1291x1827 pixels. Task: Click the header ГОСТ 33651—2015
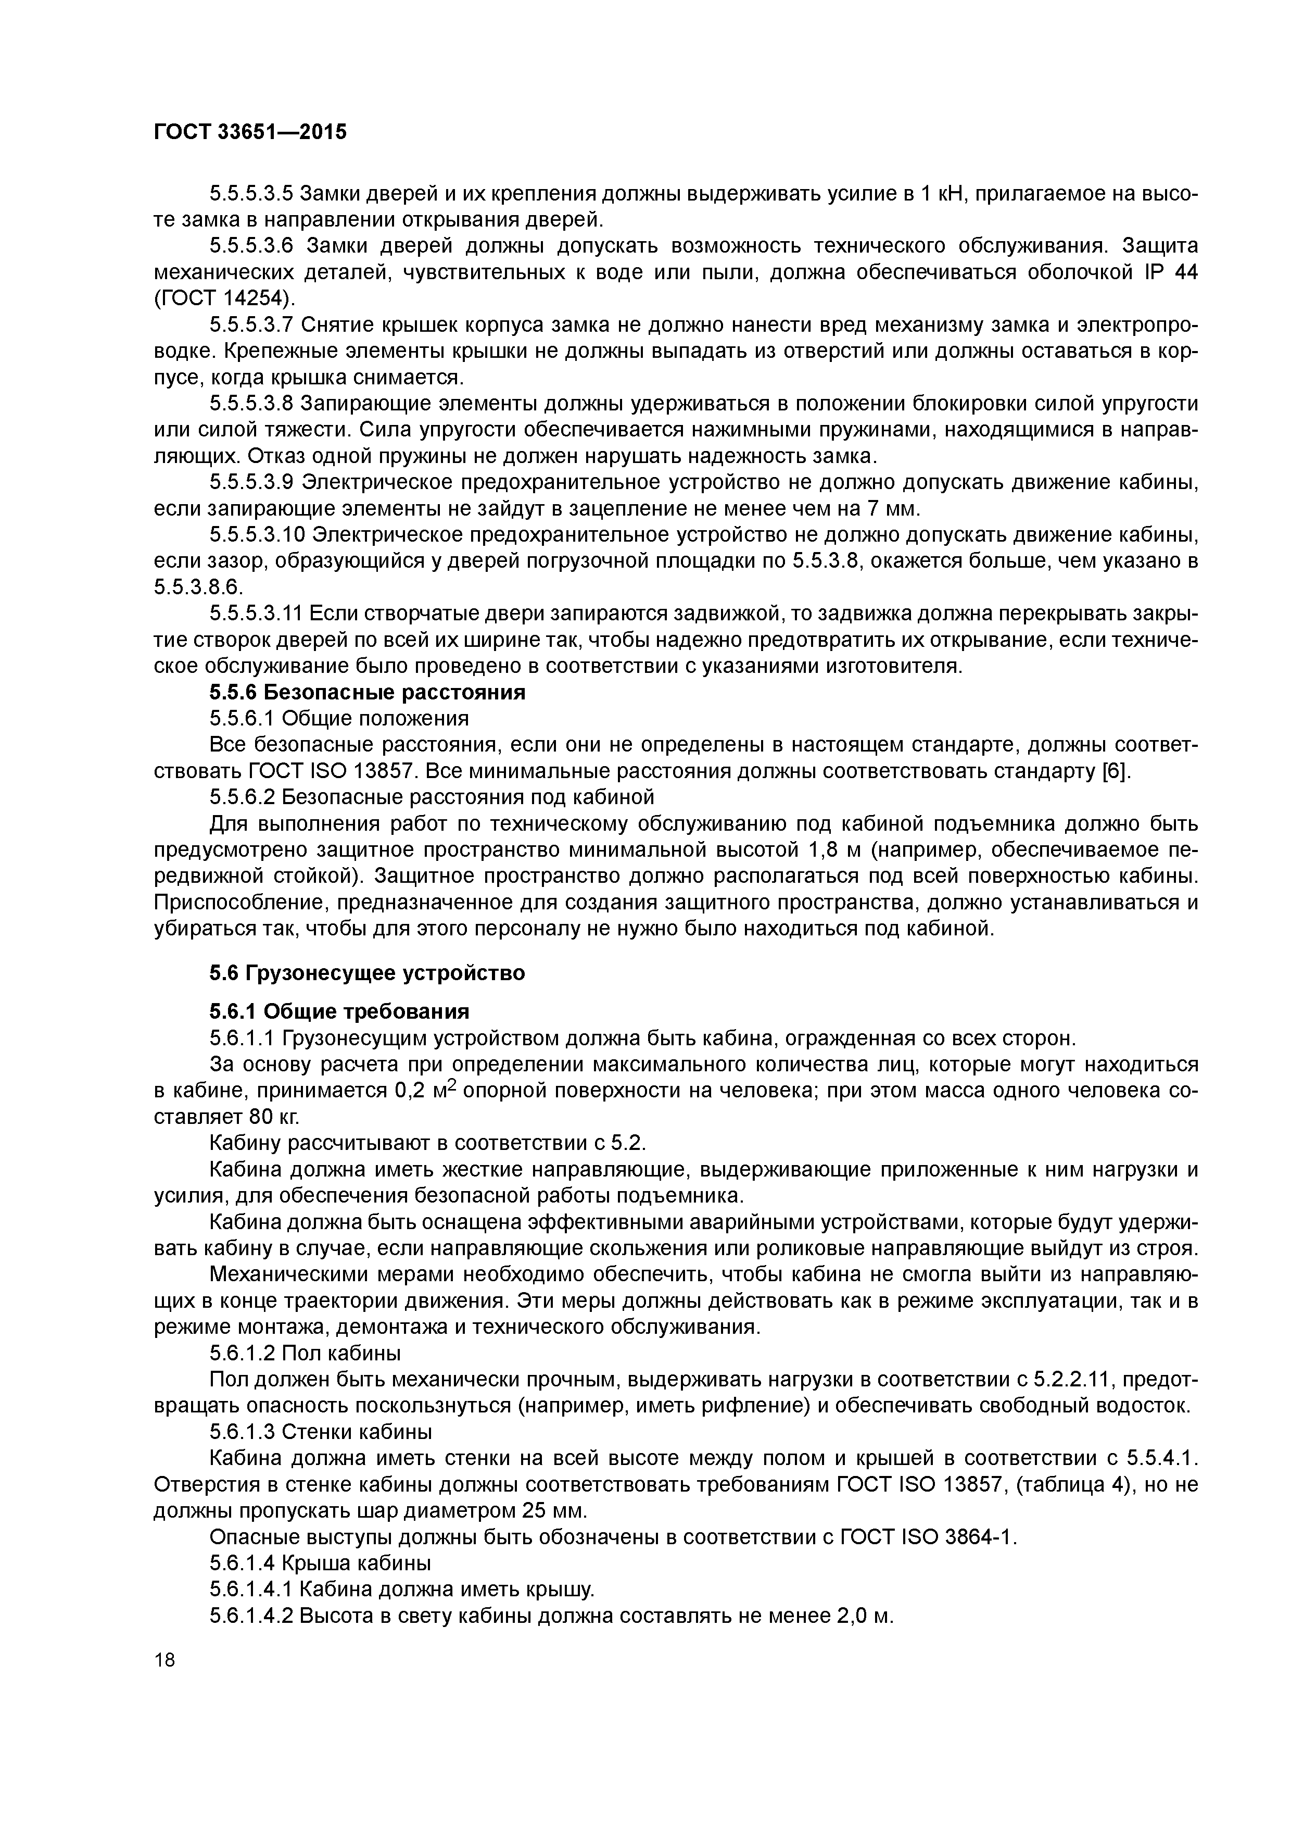pos(250,132)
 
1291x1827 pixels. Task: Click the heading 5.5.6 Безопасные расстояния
pos(368,692)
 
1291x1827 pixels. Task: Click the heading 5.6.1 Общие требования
pos(339,1011)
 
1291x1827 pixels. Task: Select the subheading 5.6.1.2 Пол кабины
pos(305,1353)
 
